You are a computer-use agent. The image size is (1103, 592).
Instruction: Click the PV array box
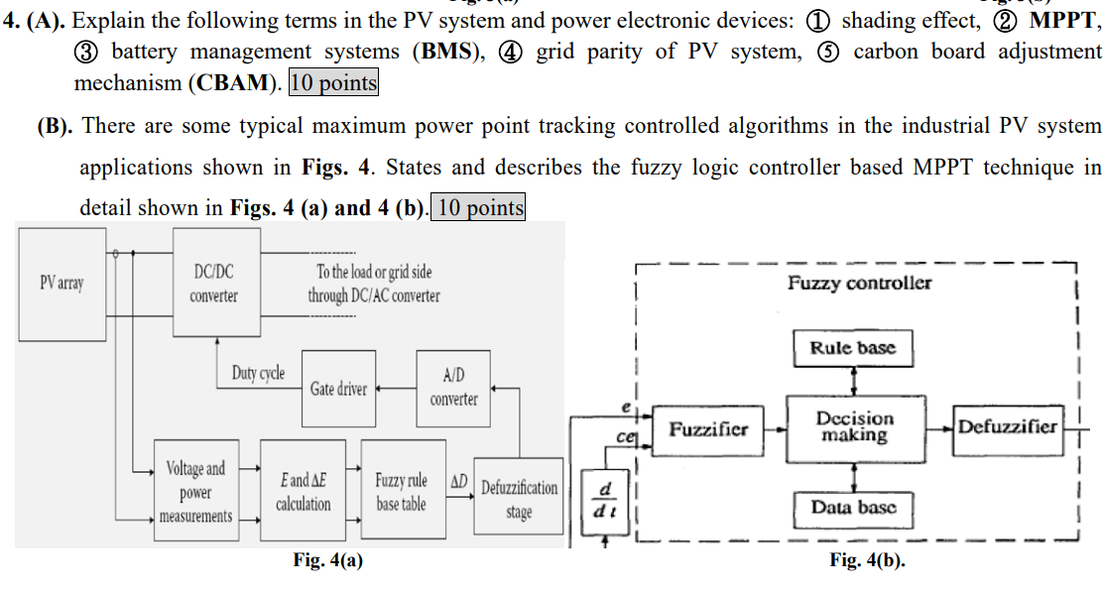(61, 283)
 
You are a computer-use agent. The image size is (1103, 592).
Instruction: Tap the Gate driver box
(338, 389)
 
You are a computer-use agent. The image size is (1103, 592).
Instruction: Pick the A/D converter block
(453, 387)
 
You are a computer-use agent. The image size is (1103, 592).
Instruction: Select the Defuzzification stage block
(519, 500)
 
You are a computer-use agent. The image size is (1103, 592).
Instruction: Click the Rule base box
(853, 348)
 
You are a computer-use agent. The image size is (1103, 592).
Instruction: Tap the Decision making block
(853, 427)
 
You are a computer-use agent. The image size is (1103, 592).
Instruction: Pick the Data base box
(853, 508)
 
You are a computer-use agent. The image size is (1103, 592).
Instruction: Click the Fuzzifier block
(708, 429)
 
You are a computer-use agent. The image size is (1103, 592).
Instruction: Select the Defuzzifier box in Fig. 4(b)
(1008, 427)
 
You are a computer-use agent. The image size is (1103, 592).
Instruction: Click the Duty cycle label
(258, 373)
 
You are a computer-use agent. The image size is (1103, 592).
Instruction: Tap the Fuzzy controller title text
(859, 284)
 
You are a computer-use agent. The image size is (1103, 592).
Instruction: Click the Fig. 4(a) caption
(327, 560)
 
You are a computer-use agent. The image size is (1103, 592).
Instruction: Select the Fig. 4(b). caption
(867, 560)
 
